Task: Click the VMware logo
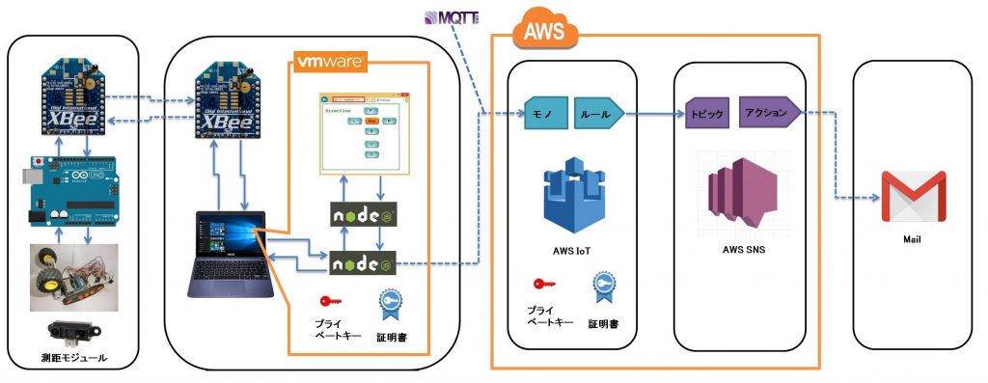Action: click(329, 61)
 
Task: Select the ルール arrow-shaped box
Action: click(598, 113)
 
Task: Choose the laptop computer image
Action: click(230, 254)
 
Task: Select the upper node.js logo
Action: click(360, 214)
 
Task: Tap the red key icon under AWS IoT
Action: click(542, 284)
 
